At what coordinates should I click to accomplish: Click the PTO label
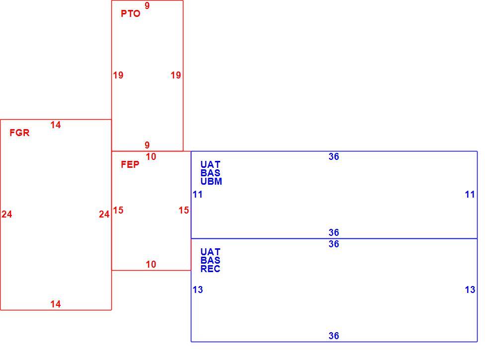pyautogui.click(x=130, y=14)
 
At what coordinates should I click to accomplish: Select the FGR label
pyautogui.click(x=19, y=133)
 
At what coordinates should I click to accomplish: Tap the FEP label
pyautogui.click(x=130, y=164)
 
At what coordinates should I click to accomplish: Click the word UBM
pyautogui.click(x=211, y=182)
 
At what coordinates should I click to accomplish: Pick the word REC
pyautogui.click(x=210, y=269)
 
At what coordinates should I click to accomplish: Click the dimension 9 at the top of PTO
pyautogui.click(x=147, y=5)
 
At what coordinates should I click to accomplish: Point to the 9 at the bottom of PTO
pyautogui.click(x=147, y=145)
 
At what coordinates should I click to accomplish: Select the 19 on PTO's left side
pyautogui.click(x=118, y=75)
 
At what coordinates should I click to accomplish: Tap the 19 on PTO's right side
pyautogui.click(x=176, y=75)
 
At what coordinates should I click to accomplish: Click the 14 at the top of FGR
pyautogui.click(x=56, y=125)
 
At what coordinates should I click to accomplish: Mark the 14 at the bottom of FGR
pyautogui.click(x=56, y=304)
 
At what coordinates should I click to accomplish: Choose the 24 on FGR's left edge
pyautogui.click(x=7, y=214)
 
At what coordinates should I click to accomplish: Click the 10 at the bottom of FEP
pyautogui.click(x=151, y=264)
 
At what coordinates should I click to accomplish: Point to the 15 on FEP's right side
pyautogui.click(x=184, y=211)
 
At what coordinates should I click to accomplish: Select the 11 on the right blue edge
pyautogui.click(x=470, y=195)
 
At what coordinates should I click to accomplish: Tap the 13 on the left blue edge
pyautogui.click(x=198, y=290)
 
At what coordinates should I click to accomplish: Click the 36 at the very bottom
pyautogui.click(x=334, y=336)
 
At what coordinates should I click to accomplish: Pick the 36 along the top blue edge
pyautogui.click(x=334, y=157)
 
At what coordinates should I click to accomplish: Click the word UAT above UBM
pyautogui.click(x=210, y=164)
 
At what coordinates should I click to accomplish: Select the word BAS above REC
pyautogui.click(x=210, y=260)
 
